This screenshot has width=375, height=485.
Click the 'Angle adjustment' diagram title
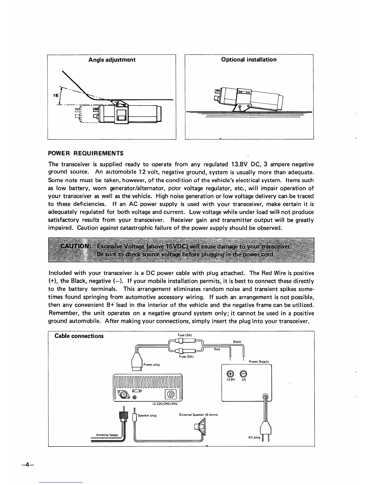[x=112, y=60]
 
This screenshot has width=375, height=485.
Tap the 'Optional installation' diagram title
[x=249, y=59]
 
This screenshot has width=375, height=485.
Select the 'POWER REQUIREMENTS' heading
[x=86, y=153]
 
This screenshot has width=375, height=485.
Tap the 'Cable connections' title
[x=79, y=336]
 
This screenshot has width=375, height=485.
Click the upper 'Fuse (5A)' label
[x=185, y=335]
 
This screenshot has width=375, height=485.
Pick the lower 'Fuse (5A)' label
[x=186, y=356]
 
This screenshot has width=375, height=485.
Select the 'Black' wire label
[x=237, y=342]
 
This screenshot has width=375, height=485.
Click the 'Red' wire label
[x=217, y=349]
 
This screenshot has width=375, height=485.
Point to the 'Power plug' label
[x=152, y=365]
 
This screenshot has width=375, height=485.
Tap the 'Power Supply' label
[x=259, y=362]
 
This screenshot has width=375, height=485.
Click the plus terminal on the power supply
[x=230, y=374]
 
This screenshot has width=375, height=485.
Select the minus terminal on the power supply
[x=244, y=374]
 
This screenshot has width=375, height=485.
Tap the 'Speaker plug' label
[x=147, y=415]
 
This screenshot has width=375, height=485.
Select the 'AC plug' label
[x=254, y=437]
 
